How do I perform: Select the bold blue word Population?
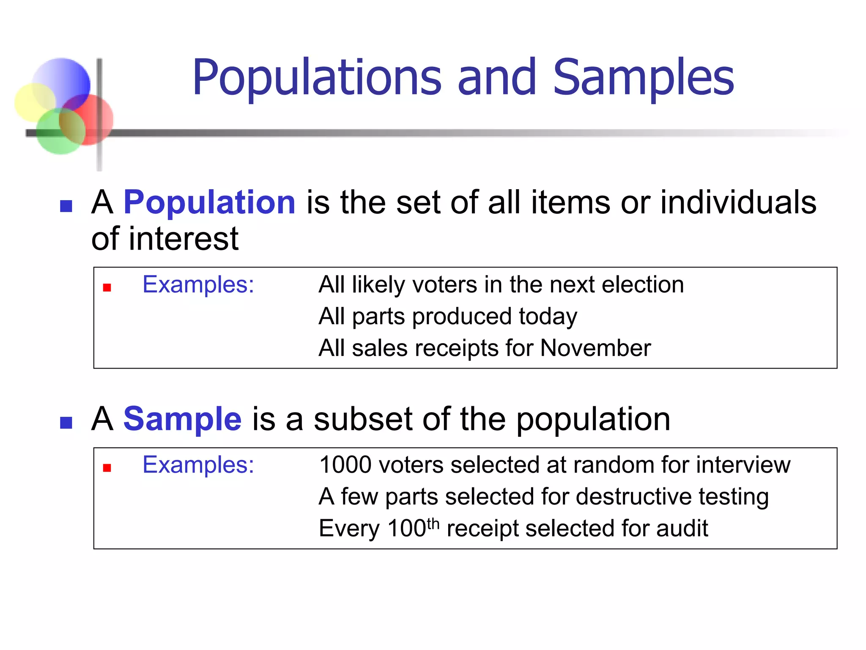[x=209, y=202]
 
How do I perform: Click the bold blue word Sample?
[x=182, y=419]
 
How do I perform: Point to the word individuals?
[x=738, y=202]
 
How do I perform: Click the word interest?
[x=184, y=239]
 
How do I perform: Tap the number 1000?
[x=345, y=465]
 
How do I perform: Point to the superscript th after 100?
[x=433, y=523]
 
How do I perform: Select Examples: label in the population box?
[x=198, y=284]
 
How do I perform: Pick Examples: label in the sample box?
[x=198, y=465]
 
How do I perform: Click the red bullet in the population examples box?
[x=107, y=288]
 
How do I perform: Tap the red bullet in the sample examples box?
[x=107, y=468]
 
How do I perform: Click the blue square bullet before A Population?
[x=66, y=206]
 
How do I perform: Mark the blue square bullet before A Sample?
[x=66, y=422]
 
